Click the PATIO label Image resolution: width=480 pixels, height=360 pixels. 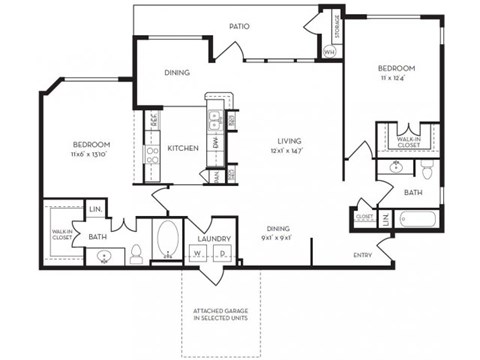click(238, 27)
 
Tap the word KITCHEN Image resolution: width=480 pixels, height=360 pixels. click(182, 148)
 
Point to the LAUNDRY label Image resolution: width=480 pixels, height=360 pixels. click(215, 239)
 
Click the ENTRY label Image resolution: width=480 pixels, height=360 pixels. click(364, 255)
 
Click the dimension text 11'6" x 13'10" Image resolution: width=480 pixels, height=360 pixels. click(89, 155)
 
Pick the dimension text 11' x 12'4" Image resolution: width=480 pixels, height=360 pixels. click(396, 78)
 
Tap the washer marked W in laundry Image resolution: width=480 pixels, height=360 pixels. click(199, 255)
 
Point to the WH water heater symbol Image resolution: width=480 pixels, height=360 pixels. click(329, 50)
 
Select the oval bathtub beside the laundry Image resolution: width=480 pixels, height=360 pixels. click(166, 241)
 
